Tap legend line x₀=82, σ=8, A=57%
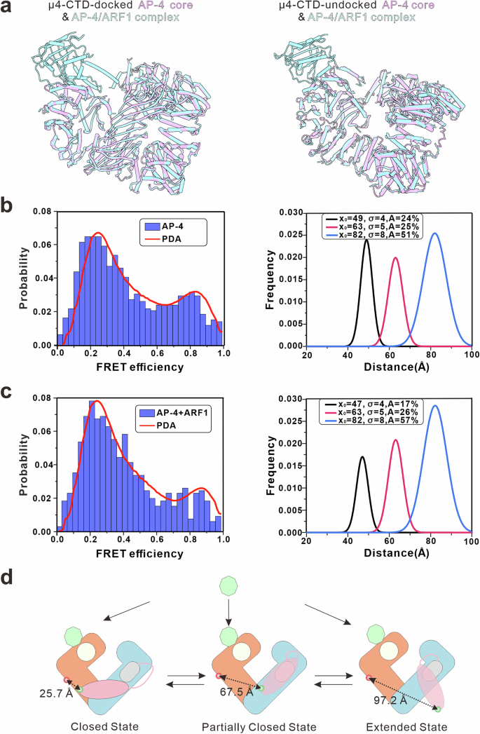pos(373,420)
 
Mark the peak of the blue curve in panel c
pos(436,405)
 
